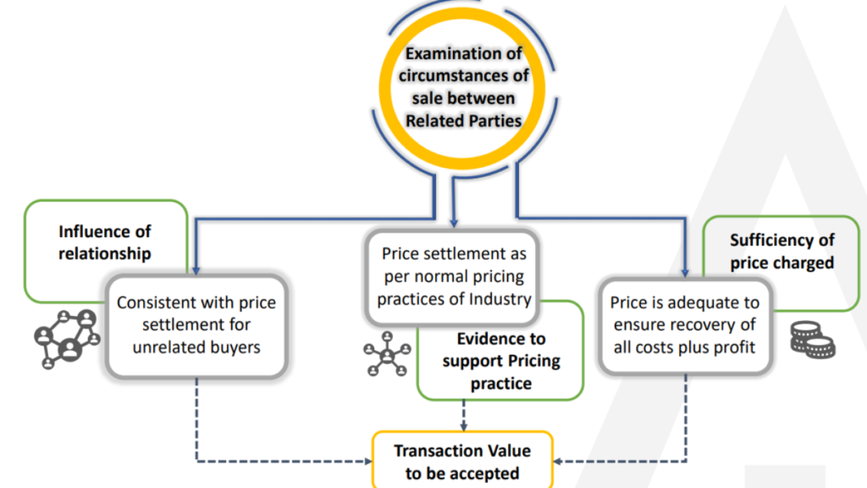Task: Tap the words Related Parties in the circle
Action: (463, 120)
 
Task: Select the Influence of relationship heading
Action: (105, 242)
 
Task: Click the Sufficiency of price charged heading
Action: (782, 251)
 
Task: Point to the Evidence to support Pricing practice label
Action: (501, 361)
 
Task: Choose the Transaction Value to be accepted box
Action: (462, 461)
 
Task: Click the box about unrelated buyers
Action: (196, 325)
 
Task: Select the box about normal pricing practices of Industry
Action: (454, 276)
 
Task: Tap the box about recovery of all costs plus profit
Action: (683, 325)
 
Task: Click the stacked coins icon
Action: (812, 338)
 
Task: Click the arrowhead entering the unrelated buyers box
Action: (196, 270)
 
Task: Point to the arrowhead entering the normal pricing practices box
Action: (454, 223)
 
